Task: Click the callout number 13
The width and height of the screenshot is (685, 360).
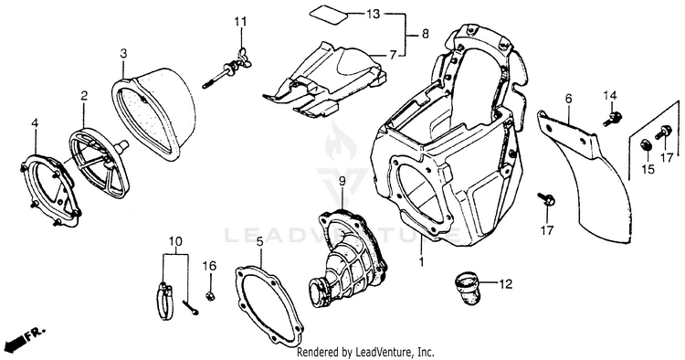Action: click(x=373, y=14)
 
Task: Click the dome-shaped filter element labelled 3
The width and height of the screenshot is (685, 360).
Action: click(x=153, y=116)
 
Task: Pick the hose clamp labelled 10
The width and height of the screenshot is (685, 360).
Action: click(x=165, y=301)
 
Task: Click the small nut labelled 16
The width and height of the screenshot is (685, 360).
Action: click(x=210, y=296)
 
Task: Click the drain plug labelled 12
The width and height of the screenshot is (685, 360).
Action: click(x=467, y=288)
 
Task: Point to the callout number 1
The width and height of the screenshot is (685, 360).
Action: click(x=422, y=262)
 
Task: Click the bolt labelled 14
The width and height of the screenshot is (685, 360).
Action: click(x=612, y=119)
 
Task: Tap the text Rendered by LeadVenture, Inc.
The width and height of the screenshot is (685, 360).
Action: click(x=365, y=352)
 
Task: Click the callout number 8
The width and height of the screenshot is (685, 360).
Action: click(x=425, y=34)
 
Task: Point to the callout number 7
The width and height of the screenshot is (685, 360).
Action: click(x=393, y=55)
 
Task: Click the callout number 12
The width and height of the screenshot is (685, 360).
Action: click(x=505, y=284)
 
